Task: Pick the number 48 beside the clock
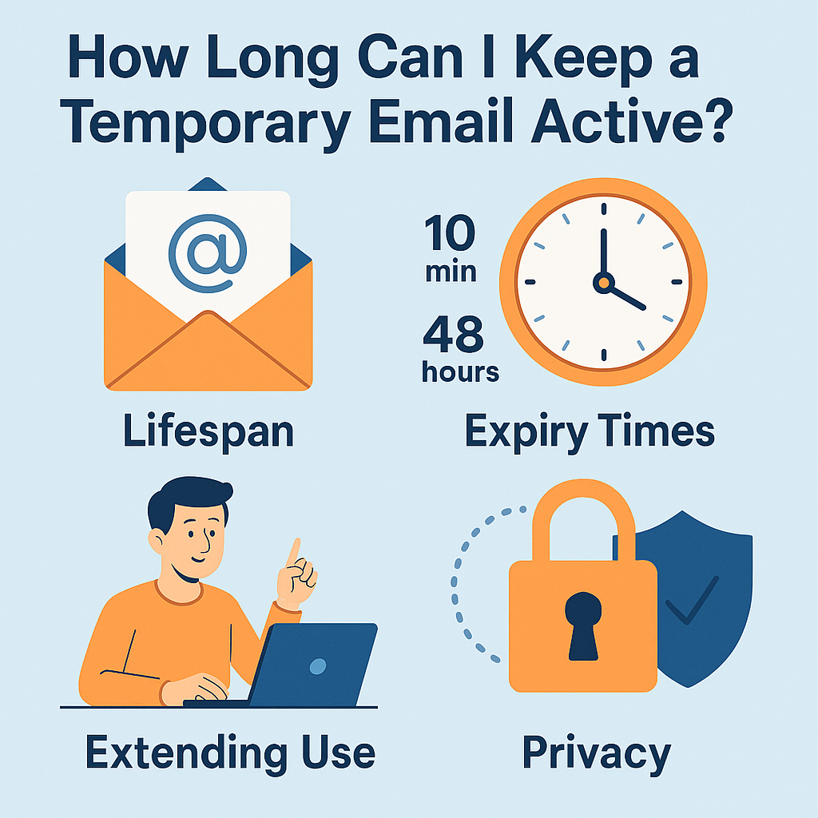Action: click(x=453, y=336)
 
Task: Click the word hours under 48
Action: click(x=461, y=372)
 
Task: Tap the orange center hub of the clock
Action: click(x=604, y=281)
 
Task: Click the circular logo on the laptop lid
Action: click(x=318, y=665)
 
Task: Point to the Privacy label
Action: click(x=595, y=752)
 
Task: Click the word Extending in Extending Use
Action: click(x=185, y=752)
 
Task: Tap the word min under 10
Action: click(x=451, y=272)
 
